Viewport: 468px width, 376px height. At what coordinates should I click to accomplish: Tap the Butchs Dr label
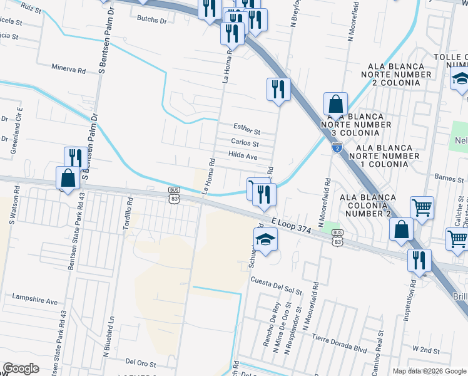[152, 19]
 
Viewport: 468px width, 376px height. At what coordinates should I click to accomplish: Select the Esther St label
[247, 132]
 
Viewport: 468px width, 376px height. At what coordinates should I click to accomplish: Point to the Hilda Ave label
[243, 155]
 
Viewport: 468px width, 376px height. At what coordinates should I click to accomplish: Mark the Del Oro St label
[140, 362]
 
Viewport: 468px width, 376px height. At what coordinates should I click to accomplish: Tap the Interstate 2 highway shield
[337, 148]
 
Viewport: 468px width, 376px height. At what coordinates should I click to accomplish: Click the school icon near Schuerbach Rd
[265, 239]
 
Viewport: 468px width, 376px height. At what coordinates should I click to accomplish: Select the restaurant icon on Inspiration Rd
[419, 259]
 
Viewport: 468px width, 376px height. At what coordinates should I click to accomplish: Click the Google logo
[21, 369]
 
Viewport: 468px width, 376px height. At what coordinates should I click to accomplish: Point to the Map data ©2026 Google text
[429, 371]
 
